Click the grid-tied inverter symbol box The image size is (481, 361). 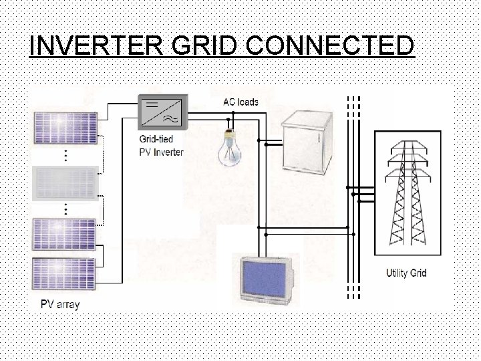coord(162,112)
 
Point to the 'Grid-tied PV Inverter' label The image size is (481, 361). coord(156,146)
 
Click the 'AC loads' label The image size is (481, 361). coord(240,102)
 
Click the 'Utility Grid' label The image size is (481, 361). coord(406,273)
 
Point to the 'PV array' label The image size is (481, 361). coord(60,305)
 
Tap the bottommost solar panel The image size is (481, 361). coord(65,271)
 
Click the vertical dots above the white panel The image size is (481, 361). coord(65,155)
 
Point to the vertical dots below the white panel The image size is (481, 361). coord(65,208)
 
